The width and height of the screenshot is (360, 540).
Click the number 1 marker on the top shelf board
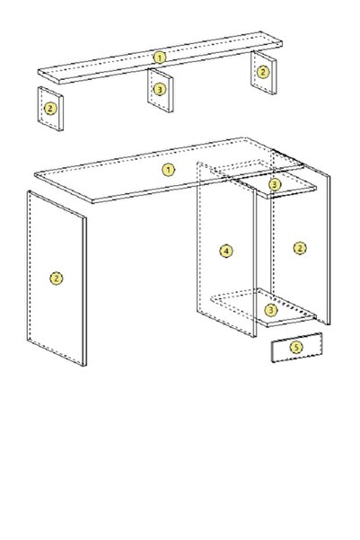click(x=159, y=58)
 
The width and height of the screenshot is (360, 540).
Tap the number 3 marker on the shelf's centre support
click(x=159, y=90)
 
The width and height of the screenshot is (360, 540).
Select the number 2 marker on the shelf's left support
click(x=50, y=109)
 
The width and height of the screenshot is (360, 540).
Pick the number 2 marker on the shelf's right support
click(x=263, y=72)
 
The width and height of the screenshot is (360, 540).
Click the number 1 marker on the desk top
click(x=168, y=170)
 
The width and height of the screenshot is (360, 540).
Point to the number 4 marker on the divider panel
click(x=226, y=251)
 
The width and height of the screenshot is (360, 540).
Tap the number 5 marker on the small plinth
click(x=296, y=347)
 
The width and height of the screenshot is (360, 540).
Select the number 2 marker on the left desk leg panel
click(x=57, y=279)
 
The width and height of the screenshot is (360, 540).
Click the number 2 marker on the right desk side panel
click(x=300, y=248)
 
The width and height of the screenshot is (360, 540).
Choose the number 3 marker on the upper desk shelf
click(x=275, y=184)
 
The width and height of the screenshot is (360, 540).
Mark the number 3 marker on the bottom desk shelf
click(x=271, y=310)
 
